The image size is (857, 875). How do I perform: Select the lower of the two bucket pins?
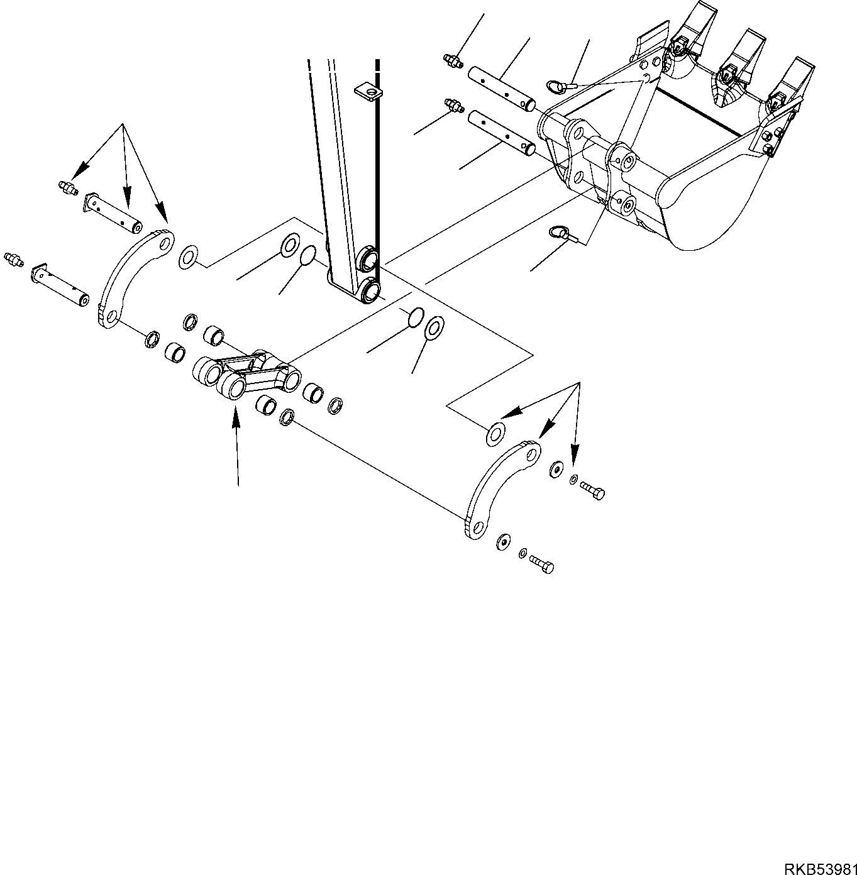502,133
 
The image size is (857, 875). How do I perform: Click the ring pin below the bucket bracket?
559,234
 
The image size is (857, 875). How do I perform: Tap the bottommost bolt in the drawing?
541,563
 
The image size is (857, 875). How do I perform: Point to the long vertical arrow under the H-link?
236,446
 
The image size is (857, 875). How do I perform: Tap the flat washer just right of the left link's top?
188,257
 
